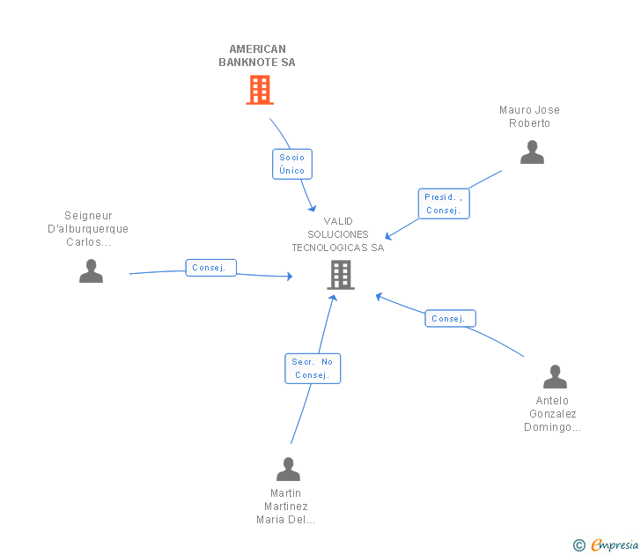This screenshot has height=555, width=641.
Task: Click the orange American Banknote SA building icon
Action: pyautogui.click(x=259, y=90)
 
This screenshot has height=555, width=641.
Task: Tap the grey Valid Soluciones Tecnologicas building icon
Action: pyautogui.click(x=341, y=275)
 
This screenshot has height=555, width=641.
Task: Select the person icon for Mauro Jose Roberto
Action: pyautogui.click(x=532, y=152)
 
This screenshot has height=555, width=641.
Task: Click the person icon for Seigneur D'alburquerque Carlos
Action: pyautogui.click(x=91, y=270)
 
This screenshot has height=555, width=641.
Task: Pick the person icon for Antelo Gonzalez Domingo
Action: pyautogui.click(x=555, y=376)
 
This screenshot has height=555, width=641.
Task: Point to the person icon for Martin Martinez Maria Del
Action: pyautogui.click(x=288, y=469)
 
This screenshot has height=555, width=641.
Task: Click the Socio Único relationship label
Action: pyautogui.click(x=292, y=163)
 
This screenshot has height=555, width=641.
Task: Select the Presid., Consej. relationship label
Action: pyautogui.click(x=443, y=203)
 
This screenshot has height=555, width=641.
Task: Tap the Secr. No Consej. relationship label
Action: pyautogui.click(x=313, y=368)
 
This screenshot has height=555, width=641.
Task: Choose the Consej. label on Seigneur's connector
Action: pyautogui.click(x=210, y=268)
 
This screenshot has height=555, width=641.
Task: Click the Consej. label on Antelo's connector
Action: pyautogui.click(x=450, y=318)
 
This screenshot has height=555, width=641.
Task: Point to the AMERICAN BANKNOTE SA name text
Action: pyautogui.click(x=257, y=55)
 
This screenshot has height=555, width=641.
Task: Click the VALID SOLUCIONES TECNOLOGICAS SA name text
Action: pyautogui.click(x=338, y=234)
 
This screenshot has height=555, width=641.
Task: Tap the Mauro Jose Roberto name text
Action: pyautogui.click(x=529, y=116)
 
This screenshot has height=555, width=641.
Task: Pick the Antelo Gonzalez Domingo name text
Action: pyautogui.click(x=552, y=414)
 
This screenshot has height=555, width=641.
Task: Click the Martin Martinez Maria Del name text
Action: pyautogui.click(x=286, y=507)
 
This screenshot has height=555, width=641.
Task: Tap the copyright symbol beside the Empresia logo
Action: pyautogui.click(x=579, y=545)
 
